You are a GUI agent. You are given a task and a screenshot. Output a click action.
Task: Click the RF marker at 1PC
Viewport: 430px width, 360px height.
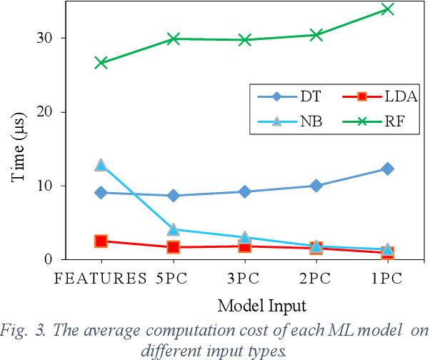tap(388, 9)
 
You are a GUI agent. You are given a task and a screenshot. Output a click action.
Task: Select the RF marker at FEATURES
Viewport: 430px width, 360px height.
tap(101, 63)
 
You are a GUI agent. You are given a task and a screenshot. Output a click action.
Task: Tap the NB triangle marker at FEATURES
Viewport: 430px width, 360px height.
tap(101, 165)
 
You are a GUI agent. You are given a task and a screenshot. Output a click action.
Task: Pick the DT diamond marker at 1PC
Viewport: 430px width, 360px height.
tap(388, 169)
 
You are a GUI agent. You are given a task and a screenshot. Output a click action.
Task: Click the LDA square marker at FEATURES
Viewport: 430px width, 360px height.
tap(101, 241)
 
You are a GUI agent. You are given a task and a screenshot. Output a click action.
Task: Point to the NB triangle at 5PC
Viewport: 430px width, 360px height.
tap(173, 229)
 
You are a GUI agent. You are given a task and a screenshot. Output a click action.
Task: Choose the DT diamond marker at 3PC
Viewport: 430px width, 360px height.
tap(244, 191)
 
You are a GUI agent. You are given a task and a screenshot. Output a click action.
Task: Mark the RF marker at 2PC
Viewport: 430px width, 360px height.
tap(316, 35)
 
